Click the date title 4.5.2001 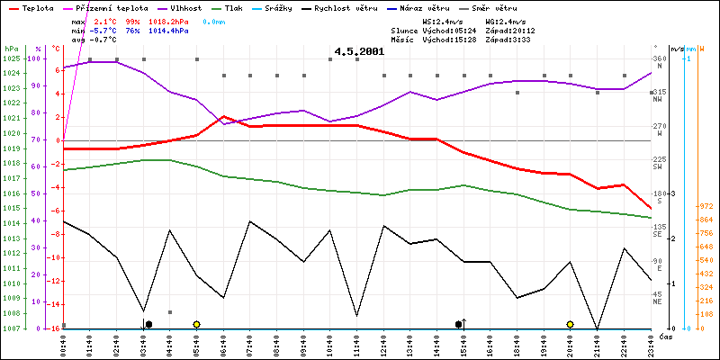coord(359,52)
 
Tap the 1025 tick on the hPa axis coord(11,58)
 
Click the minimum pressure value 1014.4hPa coord(170,31)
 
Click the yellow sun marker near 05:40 coord(196,324)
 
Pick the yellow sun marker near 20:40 coord(571,324)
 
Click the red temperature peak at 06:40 coord(223,116)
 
